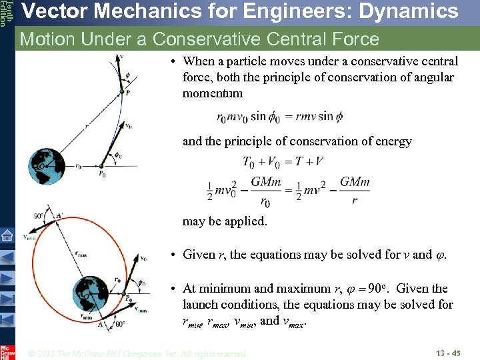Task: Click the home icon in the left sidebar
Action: [x=7, y=234]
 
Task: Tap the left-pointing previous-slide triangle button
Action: [x=7, y=256]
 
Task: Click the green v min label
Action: [x=29, y=237]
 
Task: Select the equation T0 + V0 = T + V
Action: [x=283, y=161]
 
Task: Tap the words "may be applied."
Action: [x=225, y=221]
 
